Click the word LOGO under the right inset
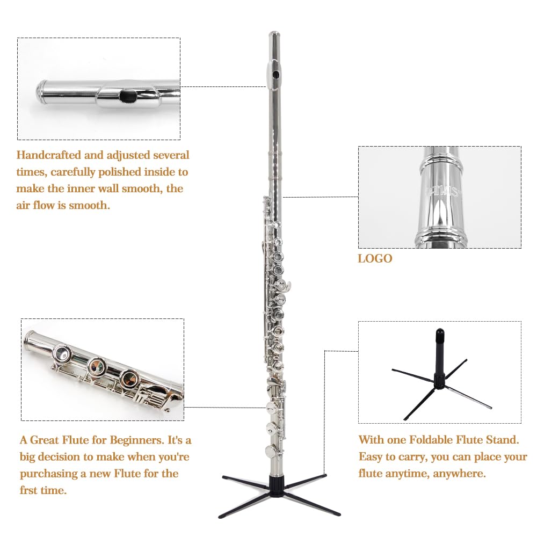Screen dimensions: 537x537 [375, 259]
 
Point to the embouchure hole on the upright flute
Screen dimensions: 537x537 [275, 74]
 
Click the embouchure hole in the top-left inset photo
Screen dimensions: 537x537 [128, 96]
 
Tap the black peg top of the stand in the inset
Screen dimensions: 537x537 [440, 338]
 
